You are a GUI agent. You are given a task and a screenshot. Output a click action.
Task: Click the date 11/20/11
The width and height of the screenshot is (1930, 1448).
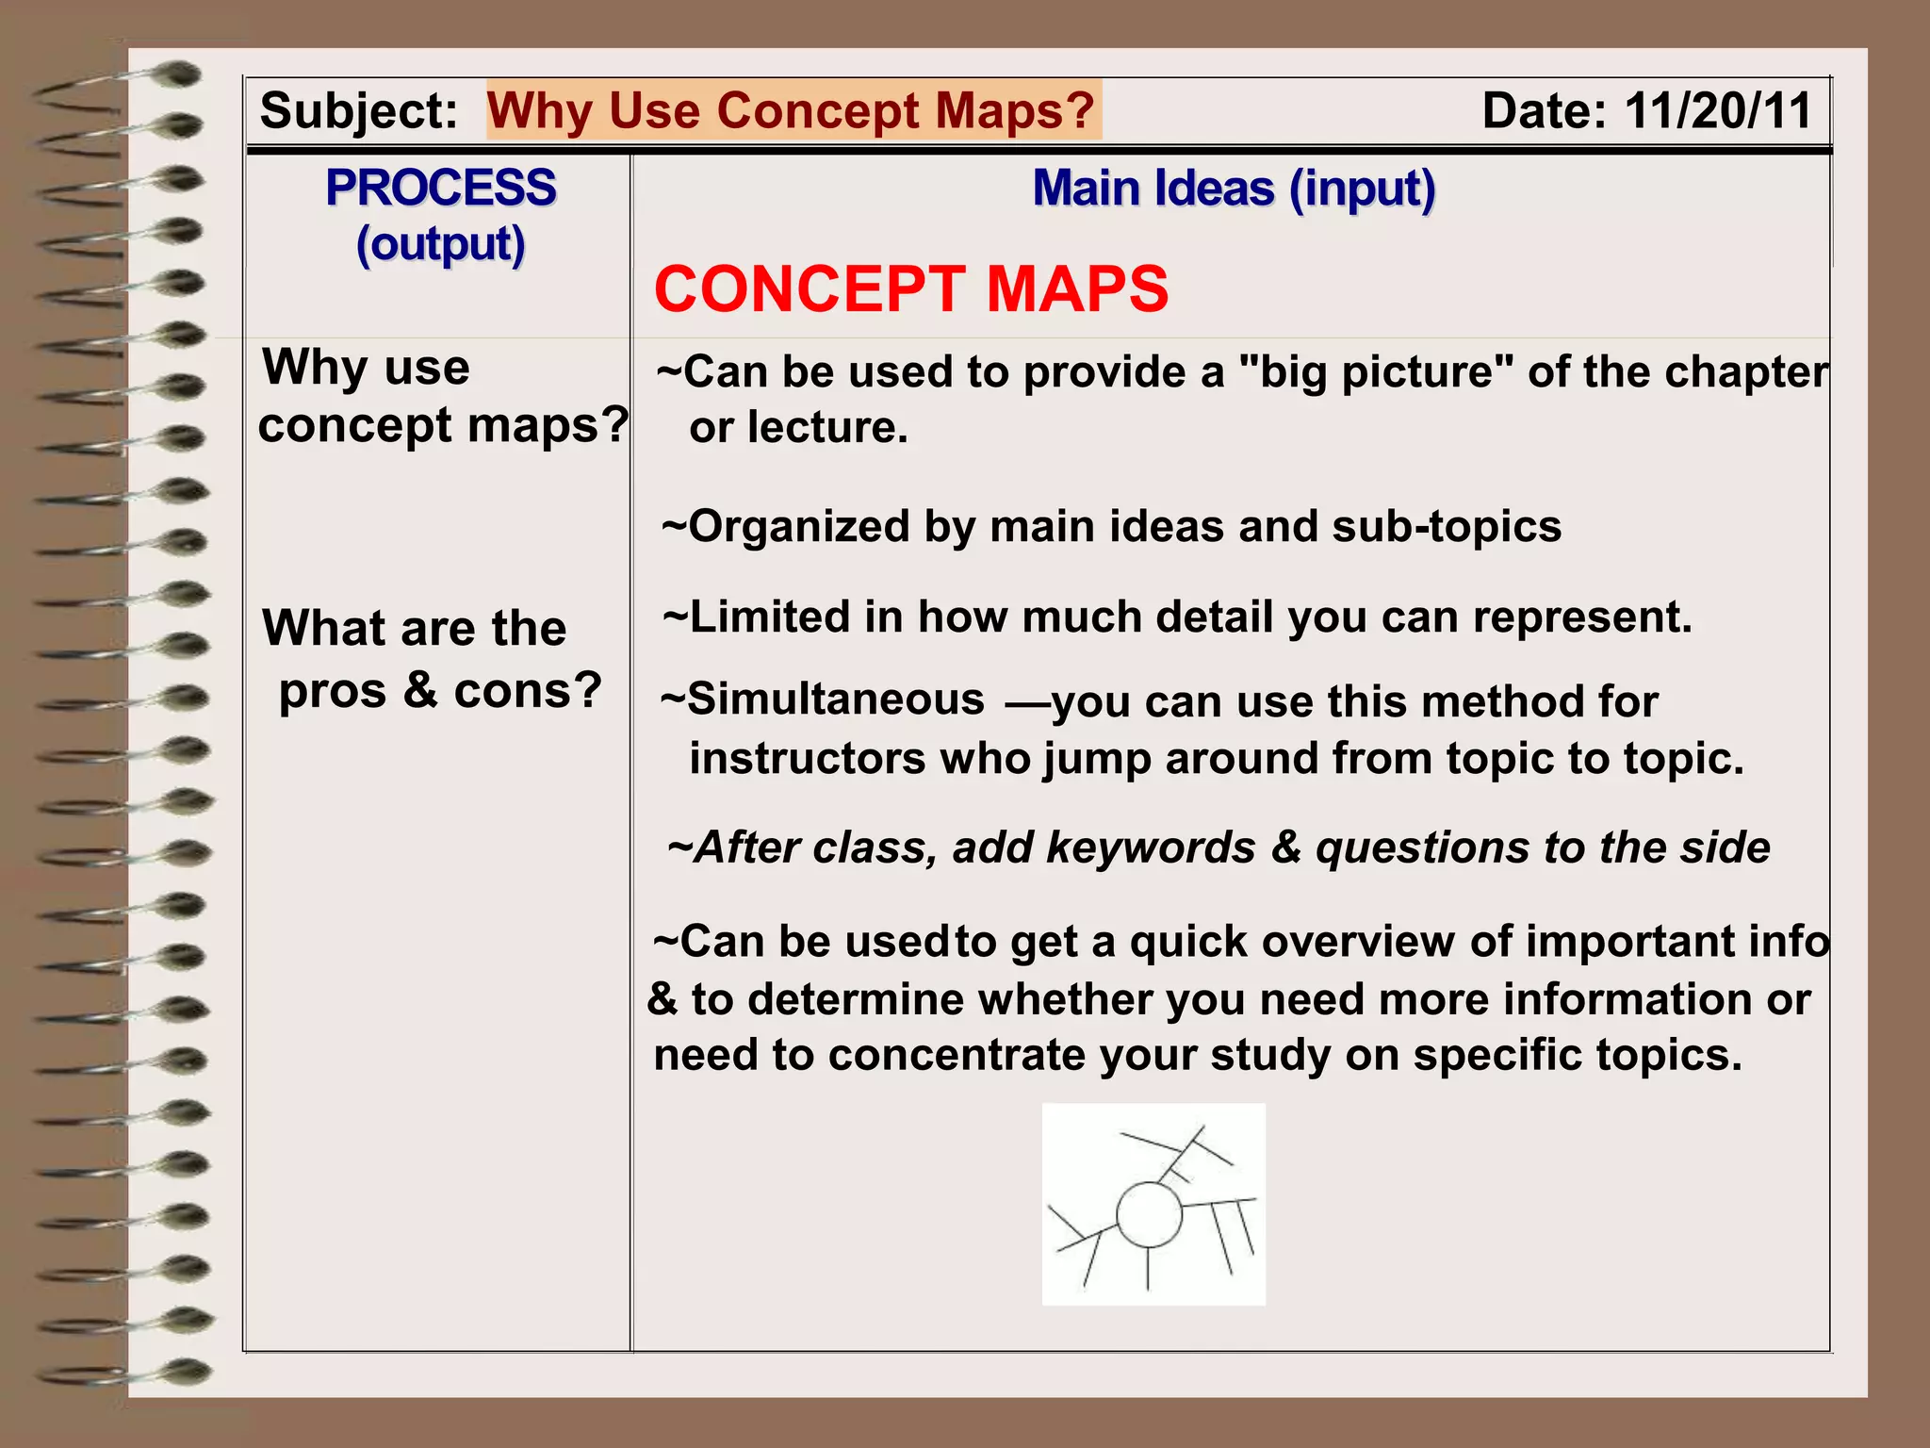pyautogui.click(x=1717, y=111)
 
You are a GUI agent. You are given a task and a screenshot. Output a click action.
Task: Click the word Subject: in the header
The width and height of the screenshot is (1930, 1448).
pyautogui.click(x=358, y=111)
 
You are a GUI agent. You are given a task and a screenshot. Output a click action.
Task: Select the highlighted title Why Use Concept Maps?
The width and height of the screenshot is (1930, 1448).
pyautogui.click(x=792, y=111)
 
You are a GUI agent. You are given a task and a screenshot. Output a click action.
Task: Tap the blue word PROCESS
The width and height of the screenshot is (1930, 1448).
pyautogui.click(x=440, y=187)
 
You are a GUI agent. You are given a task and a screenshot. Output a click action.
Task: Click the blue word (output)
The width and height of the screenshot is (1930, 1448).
pyautogui.click(x=440, y=245)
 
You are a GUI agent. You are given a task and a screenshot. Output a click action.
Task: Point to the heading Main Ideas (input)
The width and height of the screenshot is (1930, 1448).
pyautogui.click(x=1234, y=189)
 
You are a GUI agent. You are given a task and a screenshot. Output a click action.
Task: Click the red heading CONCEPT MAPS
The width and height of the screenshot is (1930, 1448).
pyautogui.click(x=910, y=288)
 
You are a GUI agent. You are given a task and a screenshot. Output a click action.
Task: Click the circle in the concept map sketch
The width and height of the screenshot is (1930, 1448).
pyautogui.click(x=1149, y=1215)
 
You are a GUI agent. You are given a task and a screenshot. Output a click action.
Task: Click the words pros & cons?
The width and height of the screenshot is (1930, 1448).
pyautogui.click(x=440, y=690)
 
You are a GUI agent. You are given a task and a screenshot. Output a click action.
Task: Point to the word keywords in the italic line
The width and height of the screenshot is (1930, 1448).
pyautogui.click(x=1151, y=847)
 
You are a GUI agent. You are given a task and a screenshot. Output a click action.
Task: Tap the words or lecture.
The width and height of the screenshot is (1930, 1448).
pyautogui.click(x=798, y=428)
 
